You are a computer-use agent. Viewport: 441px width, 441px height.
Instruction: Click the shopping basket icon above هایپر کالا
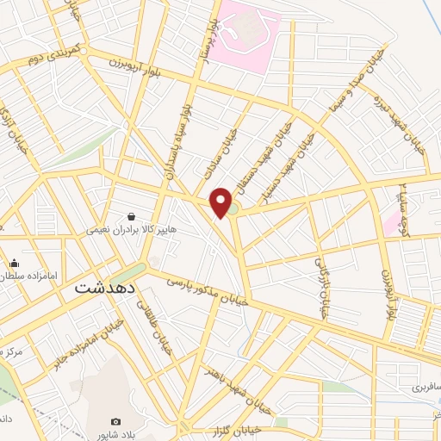coord(131,217)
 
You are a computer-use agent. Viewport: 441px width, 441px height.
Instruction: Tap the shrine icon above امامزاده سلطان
coord(14,264)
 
